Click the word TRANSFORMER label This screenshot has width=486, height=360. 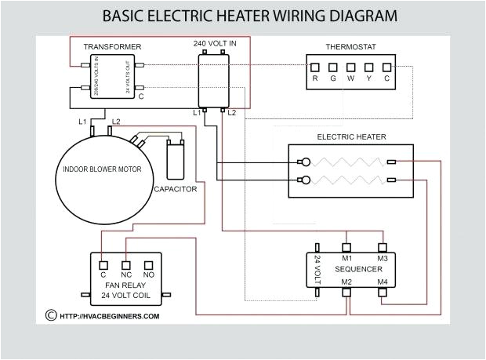click(x=113, y=47)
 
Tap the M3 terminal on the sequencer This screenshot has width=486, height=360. click(x=383, y=249)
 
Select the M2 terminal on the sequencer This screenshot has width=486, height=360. click(x=346, y=292)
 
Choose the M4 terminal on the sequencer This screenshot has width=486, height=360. click(x=383, y=292)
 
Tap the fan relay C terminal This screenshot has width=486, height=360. click(x=103, y=265)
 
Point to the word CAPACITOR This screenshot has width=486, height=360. click(x=175, y=189)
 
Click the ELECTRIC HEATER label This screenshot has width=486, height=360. click(x=351, y=136)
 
